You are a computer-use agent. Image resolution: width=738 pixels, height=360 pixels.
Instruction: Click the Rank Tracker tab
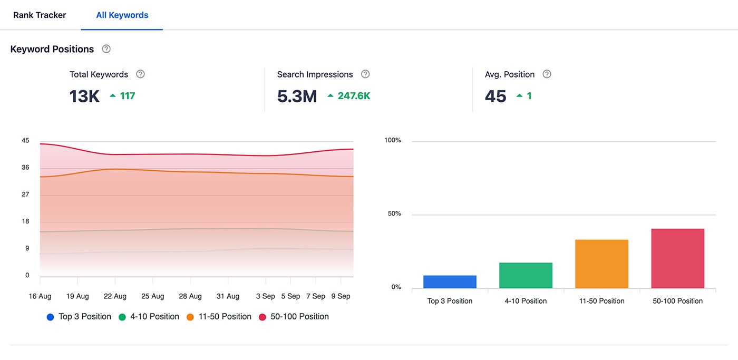[x=40, y=15]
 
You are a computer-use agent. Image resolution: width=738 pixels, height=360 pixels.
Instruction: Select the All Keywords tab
[x=122, y=15]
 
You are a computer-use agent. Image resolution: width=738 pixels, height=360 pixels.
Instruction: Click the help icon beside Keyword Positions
[x=106, y=49]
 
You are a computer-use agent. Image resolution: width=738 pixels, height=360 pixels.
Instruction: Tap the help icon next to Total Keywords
[x=140, y=74]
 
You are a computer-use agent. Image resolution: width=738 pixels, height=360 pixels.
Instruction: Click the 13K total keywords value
[x=84, y=96]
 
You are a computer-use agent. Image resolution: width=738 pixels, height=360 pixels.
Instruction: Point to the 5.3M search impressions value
[x=297, y=96]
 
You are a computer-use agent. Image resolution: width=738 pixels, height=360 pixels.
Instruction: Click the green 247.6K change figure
[x=354, y=96]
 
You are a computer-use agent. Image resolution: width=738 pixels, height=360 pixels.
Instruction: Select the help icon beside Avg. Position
[x=547, y=74]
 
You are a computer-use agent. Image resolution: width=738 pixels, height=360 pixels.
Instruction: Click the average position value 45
[x=496, y=96]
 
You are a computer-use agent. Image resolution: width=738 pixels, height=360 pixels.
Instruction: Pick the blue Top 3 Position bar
[x=450, y=282]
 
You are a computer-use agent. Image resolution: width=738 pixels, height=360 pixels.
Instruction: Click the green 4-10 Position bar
[x=526, y=276]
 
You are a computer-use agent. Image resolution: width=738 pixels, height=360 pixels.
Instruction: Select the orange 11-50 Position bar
[x=601, y=264]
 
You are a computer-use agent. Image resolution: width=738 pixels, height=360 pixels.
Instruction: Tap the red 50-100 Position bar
[x=677, y=258]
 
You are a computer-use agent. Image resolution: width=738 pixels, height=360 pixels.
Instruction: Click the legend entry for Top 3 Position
[x=79, y=317]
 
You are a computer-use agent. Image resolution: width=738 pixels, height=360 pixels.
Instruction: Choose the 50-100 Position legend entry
[x=294, y=317]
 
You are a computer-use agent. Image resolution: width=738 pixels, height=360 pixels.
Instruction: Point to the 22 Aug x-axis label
[x=115, y=296]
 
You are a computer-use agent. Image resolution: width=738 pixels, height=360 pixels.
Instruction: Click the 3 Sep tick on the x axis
[x=265, y=296]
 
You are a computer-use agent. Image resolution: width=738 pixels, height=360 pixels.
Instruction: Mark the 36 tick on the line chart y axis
[x=25, y=168]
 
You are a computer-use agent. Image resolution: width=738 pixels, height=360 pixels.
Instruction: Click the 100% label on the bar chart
[x=393, y=140]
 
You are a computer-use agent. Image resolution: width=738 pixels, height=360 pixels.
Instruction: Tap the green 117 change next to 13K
[x=127, y=96]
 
